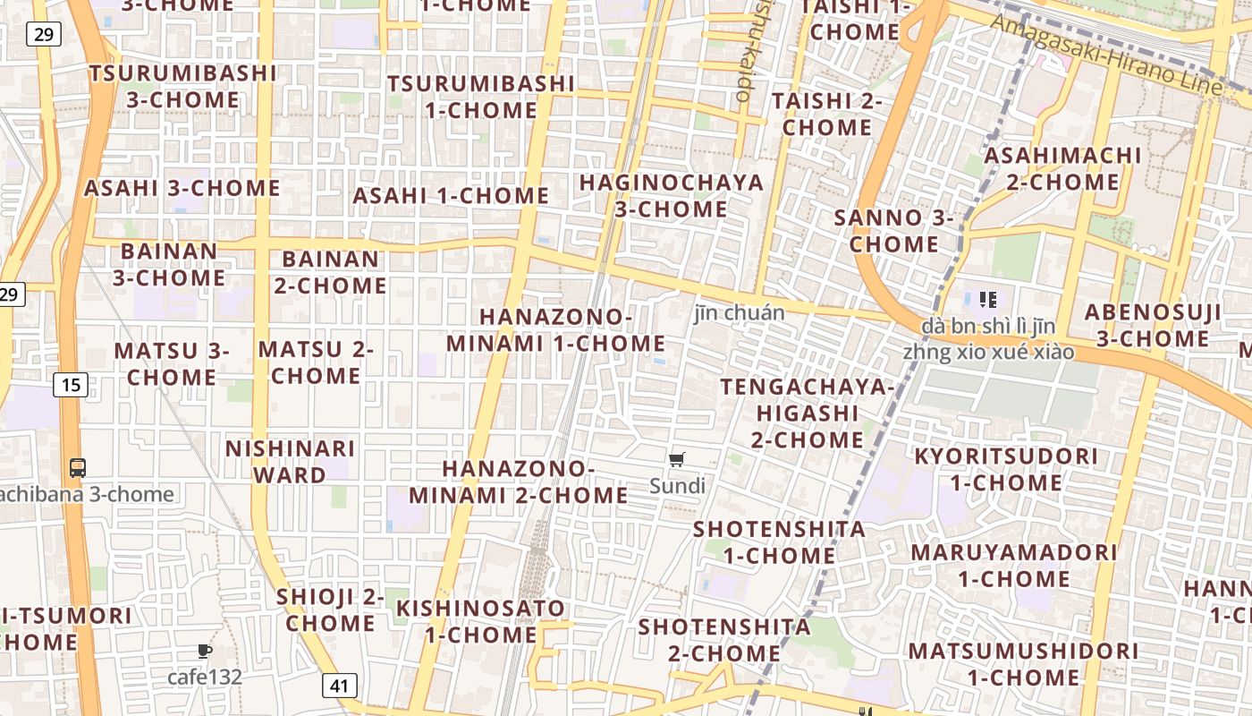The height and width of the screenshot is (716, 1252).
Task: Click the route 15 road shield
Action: click(71, 386)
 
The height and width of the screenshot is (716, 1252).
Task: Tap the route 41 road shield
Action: click(339, 686)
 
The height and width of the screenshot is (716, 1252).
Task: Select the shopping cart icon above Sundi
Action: click(677, 460)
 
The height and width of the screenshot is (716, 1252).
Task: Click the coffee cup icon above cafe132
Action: click(205, 651)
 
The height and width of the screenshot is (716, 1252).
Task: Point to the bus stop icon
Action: click(78, 467)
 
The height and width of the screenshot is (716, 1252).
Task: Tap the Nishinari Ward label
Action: click(290, 461)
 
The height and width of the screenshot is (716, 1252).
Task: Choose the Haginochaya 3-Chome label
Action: click(671, 196)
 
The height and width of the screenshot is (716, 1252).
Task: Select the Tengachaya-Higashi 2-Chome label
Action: click(807, 413)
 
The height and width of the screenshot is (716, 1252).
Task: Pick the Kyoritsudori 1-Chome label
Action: click(1005, 469)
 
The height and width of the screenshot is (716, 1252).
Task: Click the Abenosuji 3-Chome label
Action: click(1153, 326)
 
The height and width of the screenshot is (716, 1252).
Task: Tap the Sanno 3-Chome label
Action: click(893, 231)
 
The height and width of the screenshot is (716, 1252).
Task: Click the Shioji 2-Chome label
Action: click(330, 609)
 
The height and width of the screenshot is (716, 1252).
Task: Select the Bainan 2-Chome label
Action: click(330, 272)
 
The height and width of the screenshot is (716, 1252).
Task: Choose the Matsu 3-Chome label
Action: click(171, 363)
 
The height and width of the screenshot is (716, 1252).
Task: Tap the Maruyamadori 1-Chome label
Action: click(1014, 565)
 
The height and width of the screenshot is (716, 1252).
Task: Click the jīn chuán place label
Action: click(740, 312)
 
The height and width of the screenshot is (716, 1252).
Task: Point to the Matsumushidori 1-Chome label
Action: click(1023, 663)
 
